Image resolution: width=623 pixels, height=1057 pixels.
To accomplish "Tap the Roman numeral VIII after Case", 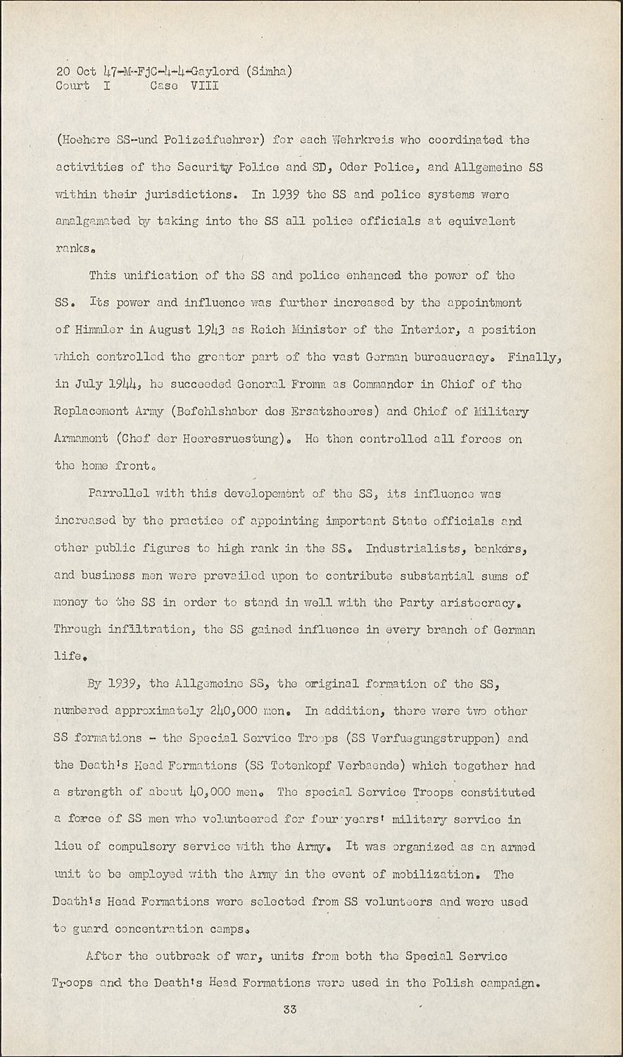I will tap(204, 86).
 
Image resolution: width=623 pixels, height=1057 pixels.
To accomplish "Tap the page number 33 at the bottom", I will tap(290, 1010).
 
